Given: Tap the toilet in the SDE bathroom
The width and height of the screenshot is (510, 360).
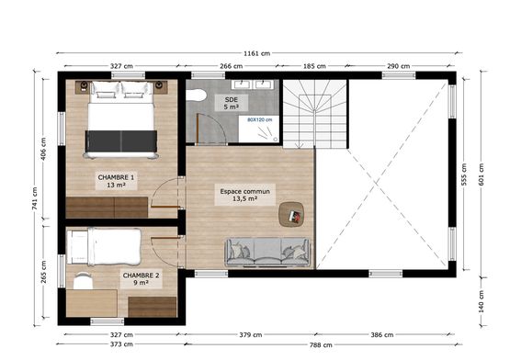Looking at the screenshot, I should click(196, 96).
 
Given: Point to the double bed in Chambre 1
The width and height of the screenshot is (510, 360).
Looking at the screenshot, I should click(122, 116).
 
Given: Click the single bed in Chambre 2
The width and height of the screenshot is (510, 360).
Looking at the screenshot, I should click(104, 246).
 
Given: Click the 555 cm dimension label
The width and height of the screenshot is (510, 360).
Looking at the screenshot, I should click(465, 174).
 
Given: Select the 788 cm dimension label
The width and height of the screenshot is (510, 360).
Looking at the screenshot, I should click(320, 345).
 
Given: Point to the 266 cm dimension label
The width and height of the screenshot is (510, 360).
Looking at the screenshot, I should click(232, 66).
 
